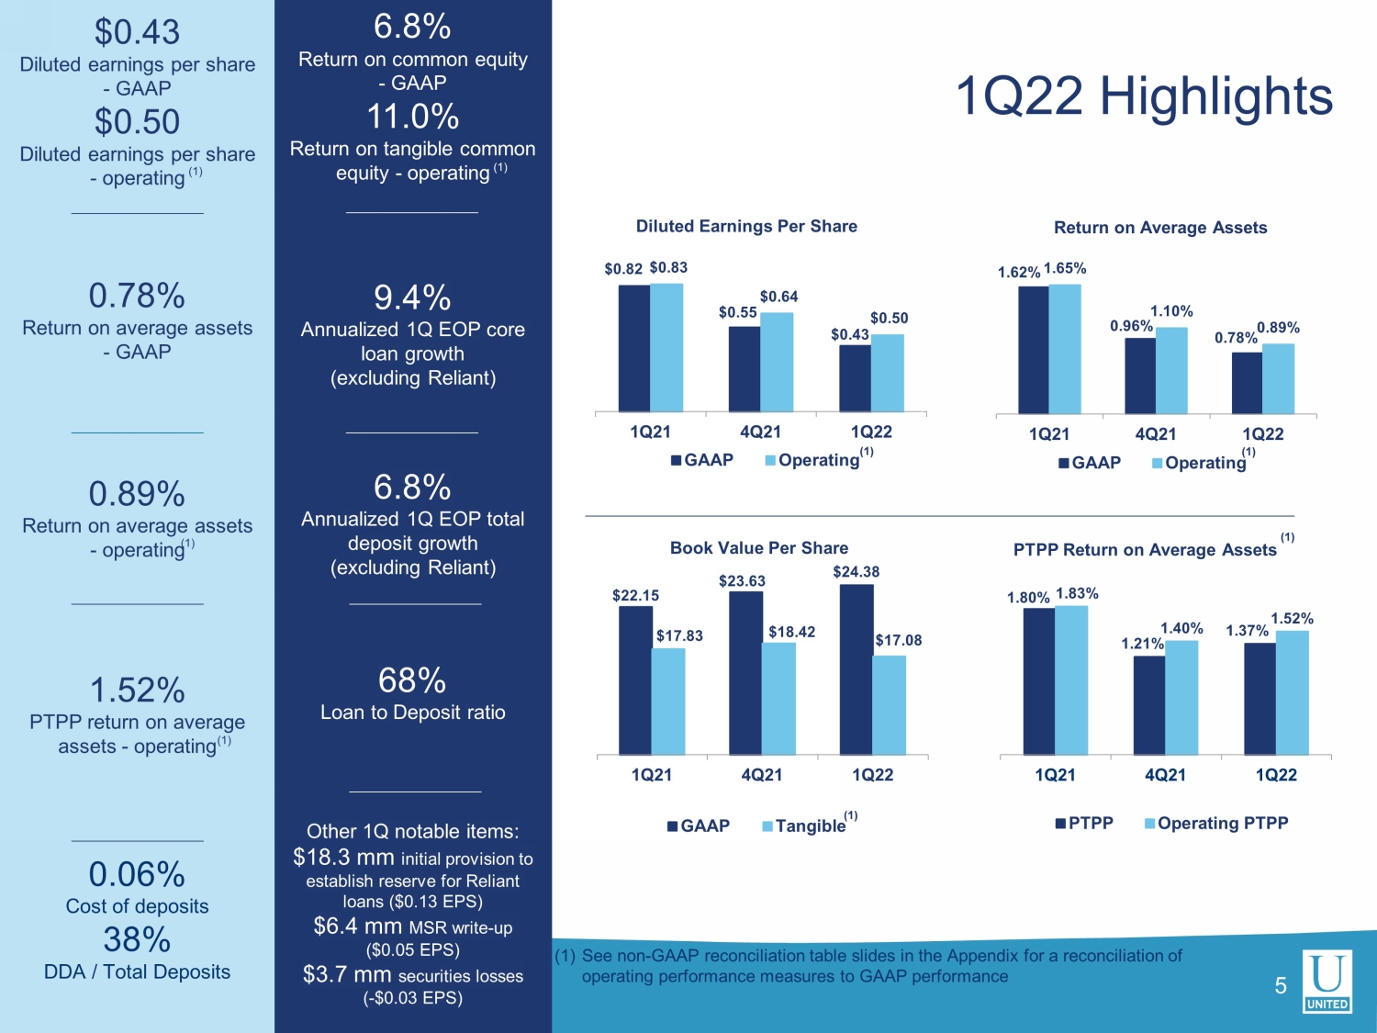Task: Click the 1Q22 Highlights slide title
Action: click(1144, 97)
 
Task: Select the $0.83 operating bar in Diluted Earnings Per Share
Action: click(666, 347)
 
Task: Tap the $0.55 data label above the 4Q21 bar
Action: click(738, 312)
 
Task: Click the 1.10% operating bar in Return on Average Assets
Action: click(1171, 371)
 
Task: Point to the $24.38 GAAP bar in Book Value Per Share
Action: click(856, 669)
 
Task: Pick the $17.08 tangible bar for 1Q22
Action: click(889, 705)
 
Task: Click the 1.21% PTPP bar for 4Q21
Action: click(1149, 705)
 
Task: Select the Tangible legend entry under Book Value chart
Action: click(810, 825)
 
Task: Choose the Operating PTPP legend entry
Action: click(1216, 823)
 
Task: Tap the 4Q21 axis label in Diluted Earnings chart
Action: click(760, 432)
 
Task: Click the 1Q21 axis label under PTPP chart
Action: click(1055, 775)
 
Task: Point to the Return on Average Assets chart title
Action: click(1160, 228)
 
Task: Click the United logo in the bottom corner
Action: click(1327, 981)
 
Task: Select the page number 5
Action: click(1281, 986)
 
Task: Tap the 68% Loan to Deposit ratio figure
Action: click(412, 680)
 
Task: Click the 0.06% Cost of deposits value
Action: click(137, 874)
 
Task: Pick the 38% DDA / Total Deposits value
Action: click(137, 939)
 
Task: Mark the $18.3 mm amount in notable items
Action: click(343, 858)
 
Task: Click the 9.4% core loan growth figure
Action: click(412, 298)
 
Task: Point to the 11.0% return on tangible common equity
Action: click(412, 117)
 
